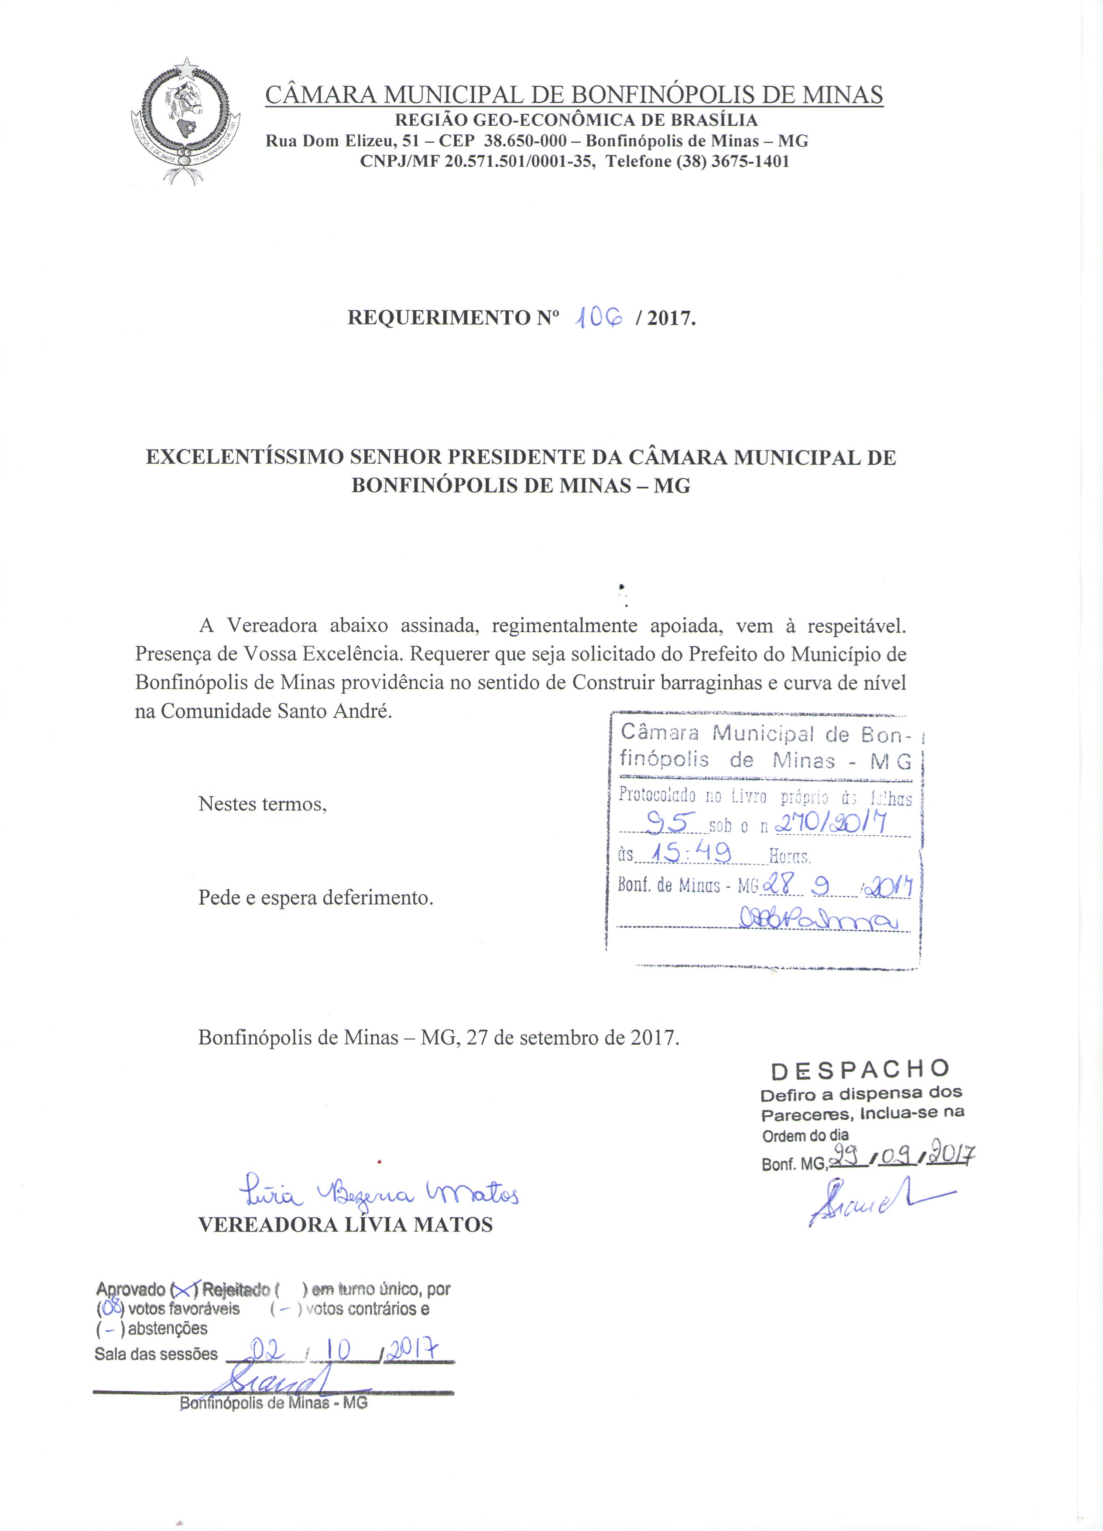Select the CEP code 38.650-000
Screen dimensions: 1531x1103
click(525, 141)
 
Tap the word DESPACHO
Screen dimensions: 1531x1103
click(860, 1069)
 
